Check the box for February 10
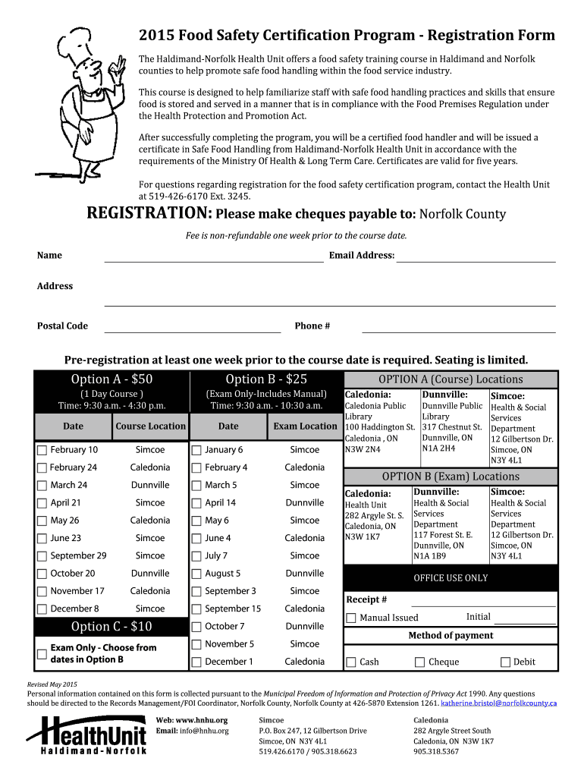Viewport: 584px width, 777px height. click(42, 450)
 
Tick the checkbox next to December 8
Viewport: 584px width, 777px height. click(42, 609)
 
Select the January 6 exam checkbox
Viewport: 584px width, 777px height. click(196, 450)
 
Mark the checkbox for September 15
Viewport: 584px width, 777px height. click(196, 609)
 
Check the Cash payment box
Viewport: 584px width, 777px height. click(350, 662)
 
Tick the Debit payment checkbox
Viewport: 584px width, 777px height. click(505, 662)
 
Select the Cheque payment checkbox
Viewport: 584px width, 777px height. click(419, 662)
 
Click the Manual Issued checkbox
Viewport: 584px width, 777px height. click(350, 618)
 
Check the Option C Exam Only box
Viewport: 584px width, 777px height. click(42, 653)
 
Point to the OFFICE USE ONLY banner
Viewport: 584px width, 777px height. click(451, 578)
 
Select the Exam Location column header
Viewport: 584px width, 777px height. click(305, 426)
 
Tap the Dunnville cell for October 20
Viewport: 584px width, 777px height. click(150, 574)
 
